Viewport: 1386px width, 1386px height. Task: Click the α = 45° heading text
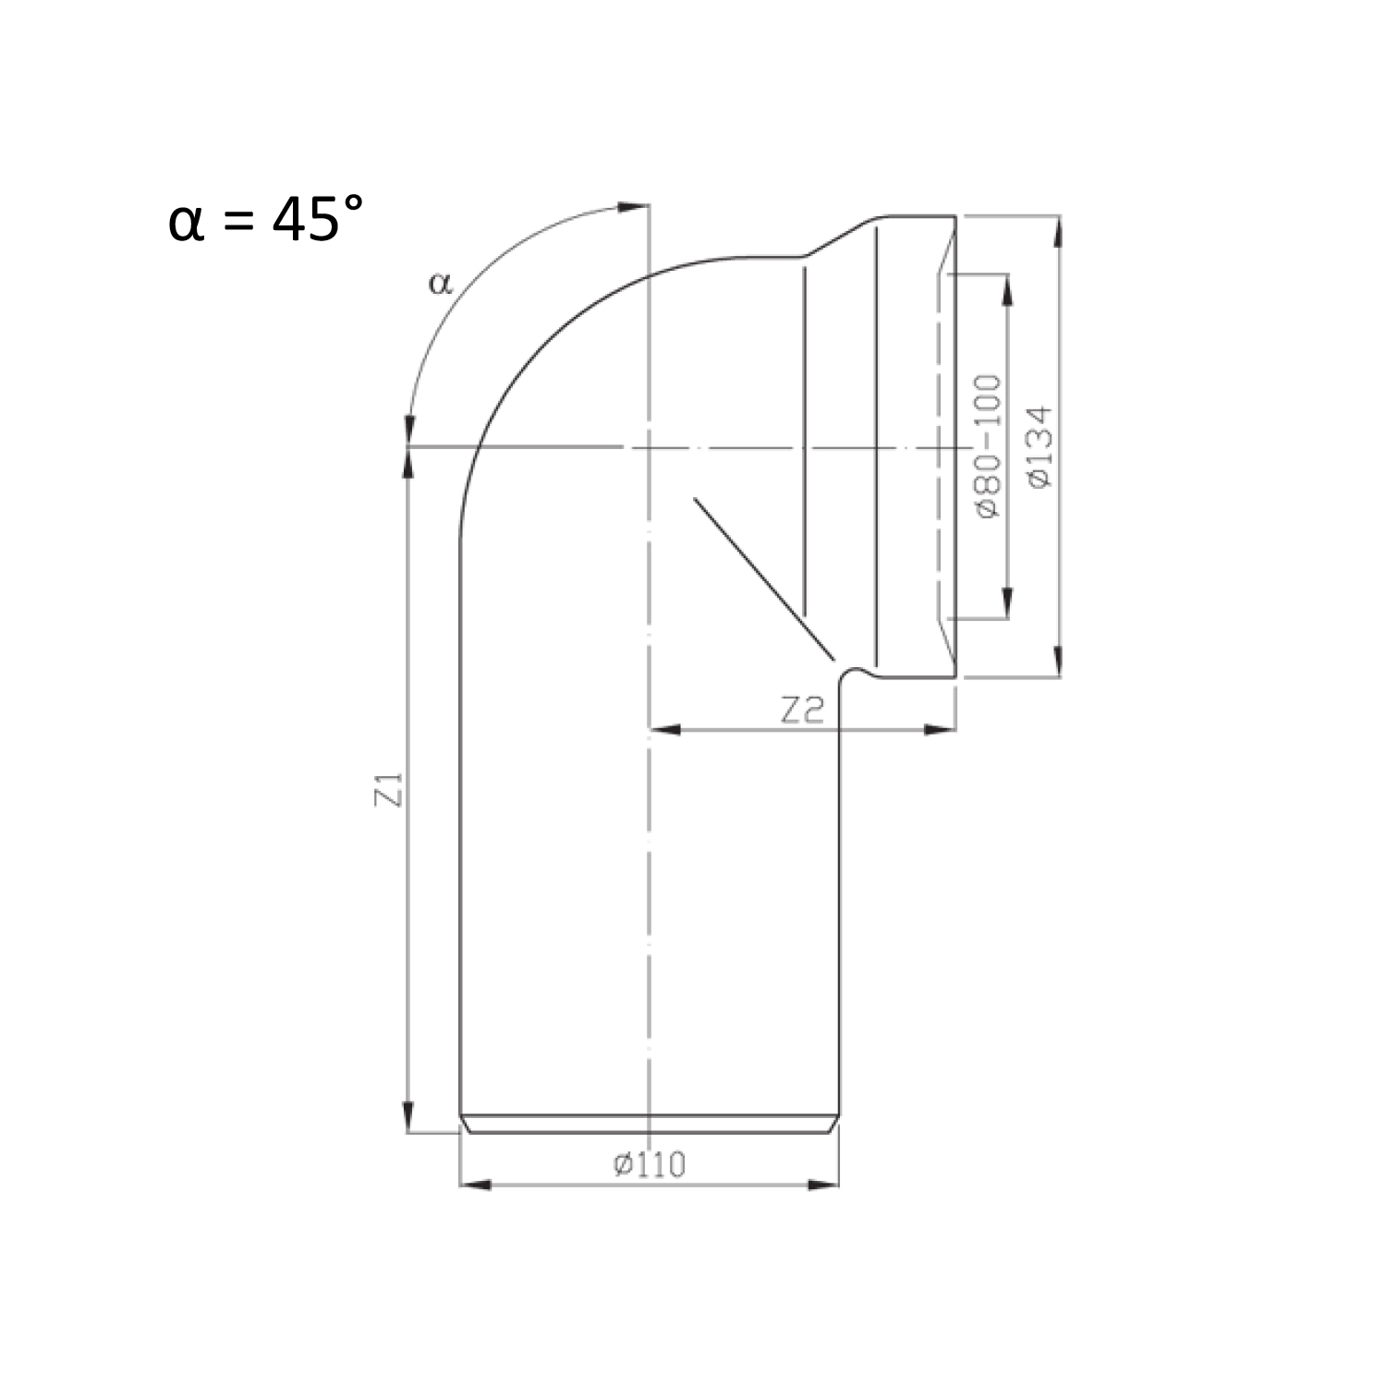tap(266, 222)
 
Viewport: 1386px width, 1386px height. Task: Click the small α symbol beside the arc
tap(441, 283)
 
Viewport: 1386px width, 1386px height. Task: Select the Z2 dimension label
tap(801, 710)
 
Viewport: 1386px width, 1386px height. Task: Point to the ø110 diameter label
tap(650, 1164)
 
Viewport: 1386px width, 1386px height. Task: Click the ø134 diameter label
tap(1039, 447)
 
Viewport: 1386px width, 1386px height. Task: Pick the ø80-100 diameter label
tap(988, 445)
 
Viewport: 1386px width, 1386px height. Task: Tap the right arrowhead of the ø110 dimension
tap(823, 1185)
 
